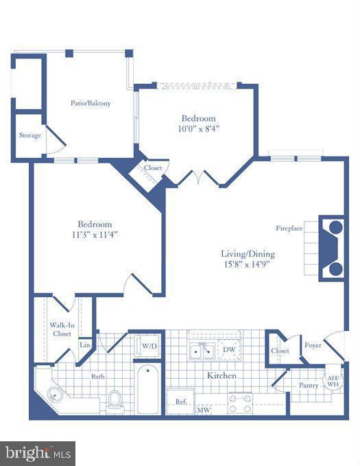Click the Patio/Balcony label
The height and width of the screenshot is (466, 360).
coord(91,104)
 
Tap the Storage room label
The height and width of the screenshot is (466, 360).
coord(29,135)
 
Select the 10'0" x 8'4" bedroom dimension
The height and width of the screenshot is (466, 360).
coord(198,128)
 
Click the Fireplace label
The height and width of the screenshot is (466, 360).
coord(289,228)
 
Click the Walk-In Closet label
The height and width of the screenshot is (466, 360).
coord(62,329)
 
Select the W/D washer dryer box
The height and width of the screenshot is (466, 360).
coord(149,346)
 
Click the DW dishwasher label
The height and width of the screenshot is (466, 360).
coord(229,350)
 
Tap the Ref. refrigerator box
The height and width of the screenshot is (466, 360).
coord(181,401)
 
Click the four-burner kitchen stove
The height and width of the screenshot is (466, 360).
coord(240,404)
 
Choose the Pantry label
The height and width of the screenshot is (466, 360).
coord(308,386)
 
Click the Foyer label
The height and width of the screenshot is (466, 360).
coord(313,346)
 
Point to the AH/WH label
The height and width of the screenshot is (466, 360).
coord(333,382)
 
